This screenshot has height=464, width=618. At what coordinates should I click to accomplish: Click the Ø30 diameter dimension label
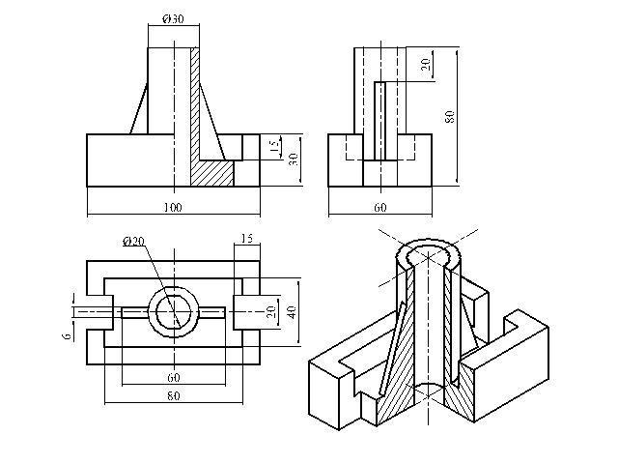tap(174, 20)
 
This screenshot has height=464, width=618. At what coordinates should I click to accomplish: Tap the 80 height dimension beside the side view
tap(449, 115)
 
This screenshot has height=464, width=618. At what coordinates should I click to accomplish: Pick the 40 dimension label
tap(291, 311)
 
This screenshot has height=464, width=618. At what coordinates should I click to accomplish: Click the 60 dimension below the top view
tap(173, 377)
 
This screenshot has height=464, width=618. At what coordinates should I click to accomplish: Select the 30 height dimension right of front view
tap(291, 159)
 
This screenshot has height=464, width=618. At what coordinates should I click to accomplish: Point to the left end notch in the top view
tap(95, 311)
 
